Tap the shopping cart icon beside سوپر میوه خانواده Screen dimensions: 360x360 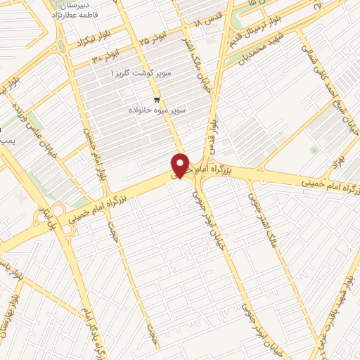click(156, 100)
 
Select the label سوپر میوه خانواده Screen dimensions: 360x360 click(155, 111)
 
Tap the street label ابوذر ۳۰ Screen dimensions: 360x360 click(104, 54)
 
